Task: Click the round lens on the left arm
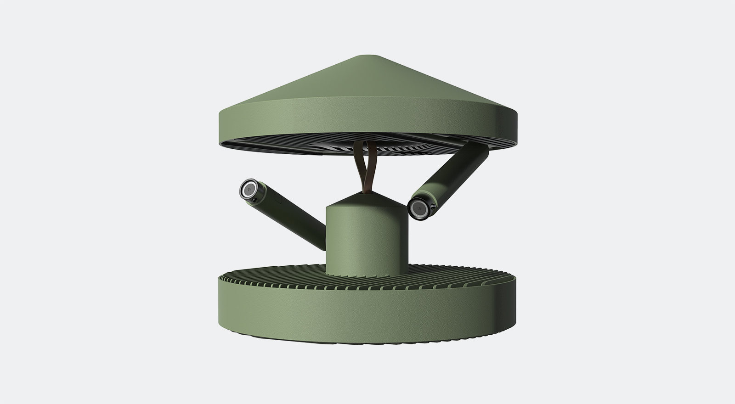click(x=249, y=189)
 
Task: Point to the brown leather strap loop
click(x=366, y=166)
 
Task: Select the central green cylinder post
click(x=367, y=239)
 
